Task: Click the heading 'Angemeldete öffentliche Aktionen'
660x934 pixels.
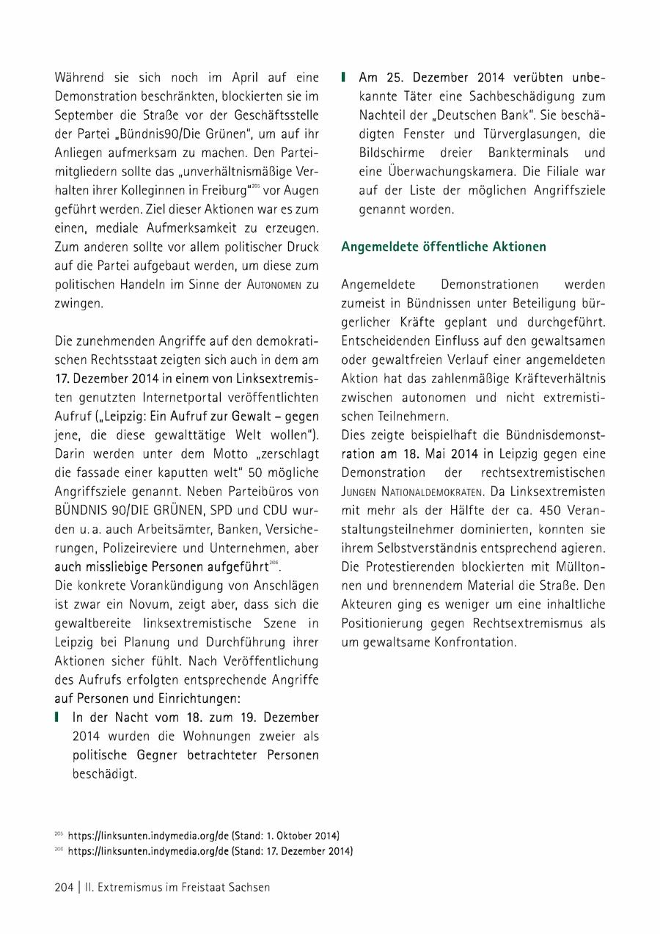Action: (x=443, y=247)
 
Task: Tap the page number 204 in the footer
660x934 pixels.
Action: (x=64, y=887)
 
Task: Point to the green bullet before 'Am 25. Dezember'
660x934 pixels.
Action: (x=344, y=77)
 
